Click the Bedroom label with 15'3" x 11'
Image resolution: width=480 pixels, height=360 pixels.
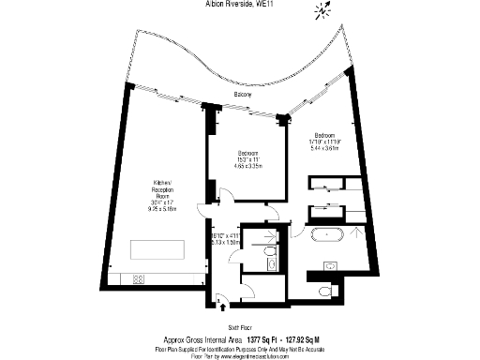pos(247,154)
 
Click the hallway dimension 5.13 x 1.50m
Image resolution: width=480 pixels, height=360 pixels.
pos(227,242)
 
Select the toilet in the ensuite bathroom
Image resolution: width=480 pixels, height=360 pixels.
pos(324,292)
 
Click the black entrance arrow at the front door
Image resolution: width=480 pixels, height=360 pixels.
pos(222,303)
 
